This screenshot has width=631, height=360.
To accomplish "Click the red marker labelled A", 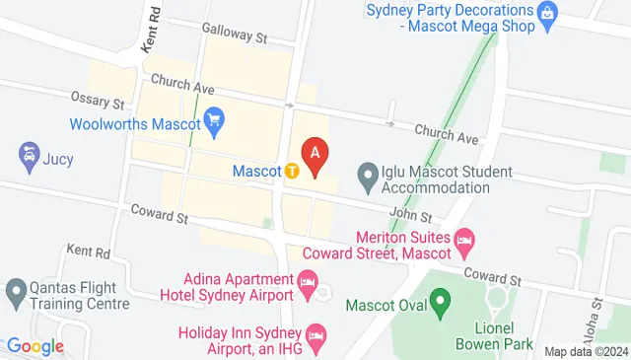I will coord(315,156).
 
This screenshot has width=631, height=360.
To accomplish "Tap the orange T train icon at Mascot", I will coord(293,171).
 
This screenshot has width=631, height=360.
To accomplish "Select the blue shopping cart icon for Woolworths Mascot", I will coord(215,123).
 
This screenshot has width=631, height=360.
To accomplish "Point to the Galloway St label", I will coord(235,36).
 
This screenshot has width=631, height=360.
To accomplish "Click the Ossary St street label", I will coord(97,103).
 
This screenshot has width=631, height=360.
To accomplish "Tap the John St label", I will coord(410,216).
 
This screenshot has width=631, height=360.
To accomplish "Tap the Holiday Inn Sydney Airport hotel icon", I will coord(315,337).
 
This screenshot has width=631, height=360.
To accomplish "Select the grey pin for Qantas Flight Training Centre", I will coord(15,291).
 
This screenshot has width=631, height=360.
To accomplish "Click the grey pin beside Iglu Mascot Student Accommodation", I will coord(367,179).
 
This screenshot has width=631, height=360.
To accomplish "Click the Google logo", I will coord(35,346).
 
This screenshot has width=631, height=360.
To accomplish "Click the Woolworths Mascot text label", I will coord(134,124).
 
